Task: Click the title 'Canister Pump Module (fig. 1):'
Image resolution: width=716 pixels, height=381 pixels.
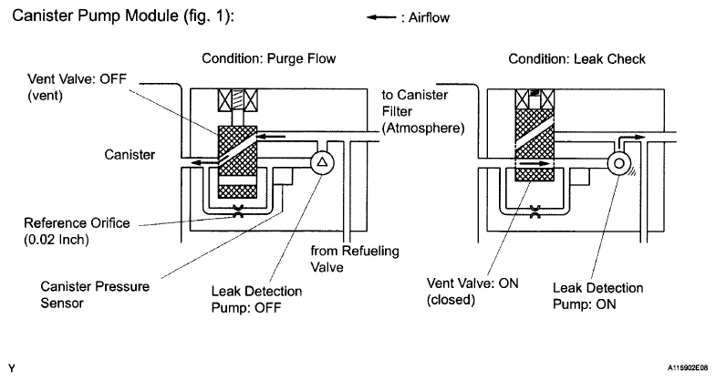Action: tap(123, 16)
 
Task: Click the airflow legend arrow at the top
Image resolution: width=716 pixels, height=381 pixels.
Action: tap(381, 18)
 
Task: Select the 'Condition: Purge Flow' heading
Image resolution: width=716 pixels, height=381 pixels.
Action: tap(269, 59)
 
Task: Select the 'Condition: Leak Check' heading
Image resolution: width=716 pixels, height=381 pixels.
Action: tap(576, 59)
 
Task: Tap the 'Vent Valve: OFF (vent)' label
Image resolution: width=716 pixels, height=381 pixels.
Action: tap(77, 88)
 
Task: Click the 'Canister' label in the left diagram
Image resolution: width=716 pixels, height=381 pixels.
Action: tap(130, 155)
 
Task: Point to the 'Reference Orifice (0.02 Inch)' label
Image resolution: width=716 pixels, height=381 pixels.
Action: tap(77, 232)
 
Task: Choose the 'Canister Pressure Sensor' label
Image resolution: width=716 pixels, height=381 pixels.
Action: tap(95, 294)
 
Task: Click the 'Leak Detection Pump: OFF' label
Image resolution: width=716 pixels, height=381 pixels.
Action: tap(256, 299)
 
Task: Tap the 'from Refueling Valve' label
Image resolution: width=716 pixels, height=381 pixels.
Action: tap(355, 259)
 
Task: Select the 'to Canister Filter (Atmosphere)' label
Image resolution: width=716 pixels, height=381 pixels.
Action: tap(423, 112)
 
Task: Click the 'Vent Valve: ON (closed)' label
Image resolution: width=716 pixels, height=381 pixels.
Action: tap(472, 291)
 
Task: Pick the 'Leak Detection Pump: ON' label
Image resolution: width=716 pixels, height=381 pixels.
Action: tap(598, 296)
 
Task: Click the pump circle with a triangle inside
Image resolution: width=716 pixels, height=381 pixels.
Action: tap(322, 162)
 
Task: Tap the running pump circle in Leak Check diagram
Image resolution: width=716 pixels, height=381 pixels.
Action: tap(619, 163)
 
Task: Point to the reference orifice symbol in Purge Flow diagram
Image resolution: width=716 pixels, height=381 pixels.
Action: tap(238, 211)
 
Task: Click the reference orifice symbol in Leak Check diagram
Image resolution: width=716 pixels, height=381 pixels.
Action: tap(534, 211)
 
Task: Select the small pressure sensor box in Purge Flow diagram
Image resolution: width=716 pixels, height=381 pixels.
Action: tap(283, 176)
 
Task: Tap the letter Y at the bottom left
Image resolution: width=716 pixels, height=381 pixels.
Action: tap(12, 368)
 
